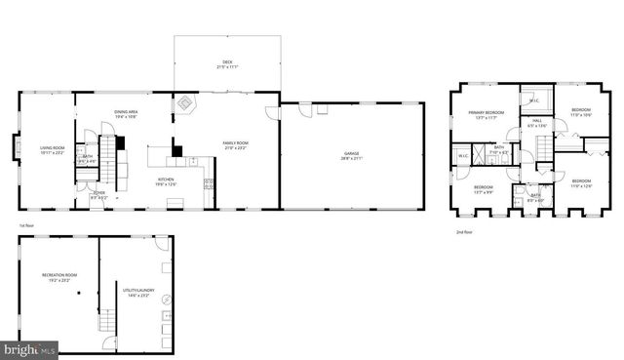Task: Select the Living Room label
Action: pyautogui.click(x=51, y=149)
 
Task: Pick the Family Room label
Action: pyautogui.click(x=235, y=143)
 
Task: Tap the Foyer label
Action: pyautogui.click(x=98, y=194)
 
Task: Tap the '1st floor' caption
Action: pyautogui.click(x=27, y=225)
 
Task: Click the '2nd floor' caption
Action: pyautogui.click(x=464, y=232)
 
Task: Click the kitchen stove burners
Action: pyautogui.click(x=208, y=182)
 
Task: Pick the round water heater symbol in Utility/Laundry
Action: pyautogui.click(x=166, y=301)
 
